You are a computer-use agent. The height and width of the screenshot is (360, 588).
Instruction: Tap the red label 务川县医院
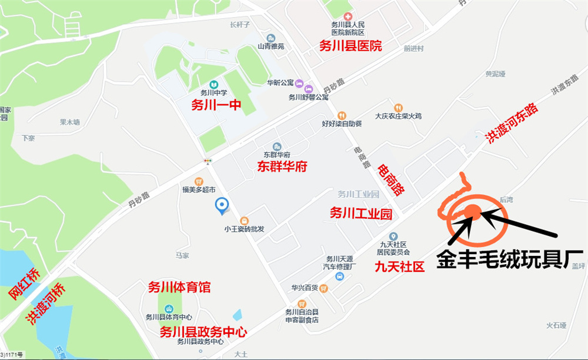click(350, 46)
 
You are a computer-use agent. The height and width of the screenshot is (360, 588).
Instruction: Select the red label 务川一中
click(216, 105)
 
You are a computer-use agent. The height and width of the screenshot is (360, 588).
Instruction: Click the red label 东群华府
click(282, 166)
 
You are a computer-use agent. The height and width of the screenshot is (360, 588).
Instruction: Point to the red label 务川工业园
click(360, 214)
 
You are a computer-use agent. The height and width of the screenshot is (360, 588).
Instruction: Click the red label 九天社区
click(399, 266)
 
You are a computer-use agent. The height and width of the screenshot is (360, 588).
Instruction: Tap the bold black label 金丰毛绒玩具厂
click(509, 259)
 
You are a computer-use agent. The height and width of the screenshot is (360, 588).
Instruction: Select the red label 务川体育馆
click(179, 288)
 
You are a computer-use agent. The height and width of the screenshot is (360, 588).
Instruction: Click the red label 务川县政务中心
click(203, 332)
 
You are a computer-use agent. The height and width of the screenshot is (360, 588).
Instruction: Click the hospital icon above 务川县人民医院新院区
click(348, 15)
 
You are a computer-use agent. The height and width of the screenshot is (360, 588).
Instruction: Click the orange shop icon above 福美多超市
click(199, 182)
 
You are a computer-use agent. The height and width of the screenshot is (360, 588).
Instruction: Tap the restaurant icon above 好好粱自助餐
click(342, 115)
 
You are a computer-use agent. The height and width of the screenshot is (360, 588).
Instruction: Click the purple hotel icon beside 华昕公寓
click(299, 83)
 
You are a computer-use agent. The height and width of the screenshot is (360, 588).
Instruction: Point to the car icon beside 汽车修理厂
click(339, 276)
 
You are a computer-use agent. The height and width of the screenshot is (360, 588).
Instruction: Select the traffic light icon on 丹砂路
click(207, 161)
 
